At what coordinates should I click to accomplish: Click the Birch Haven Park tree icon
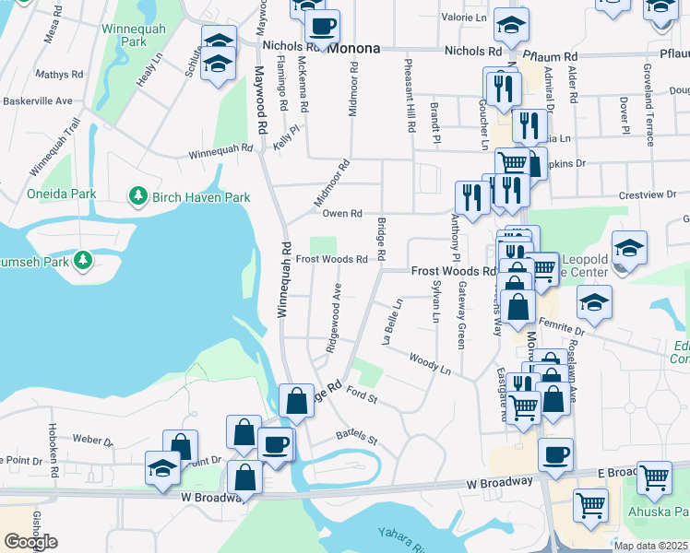[x=138, y=196]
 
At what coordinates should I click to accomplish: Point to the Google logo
[x=30, y=542]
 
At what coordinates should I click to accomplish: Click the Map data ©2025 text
[x=650, y=546]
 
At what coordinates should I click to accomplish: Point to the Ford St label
[x=363, y=397]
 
